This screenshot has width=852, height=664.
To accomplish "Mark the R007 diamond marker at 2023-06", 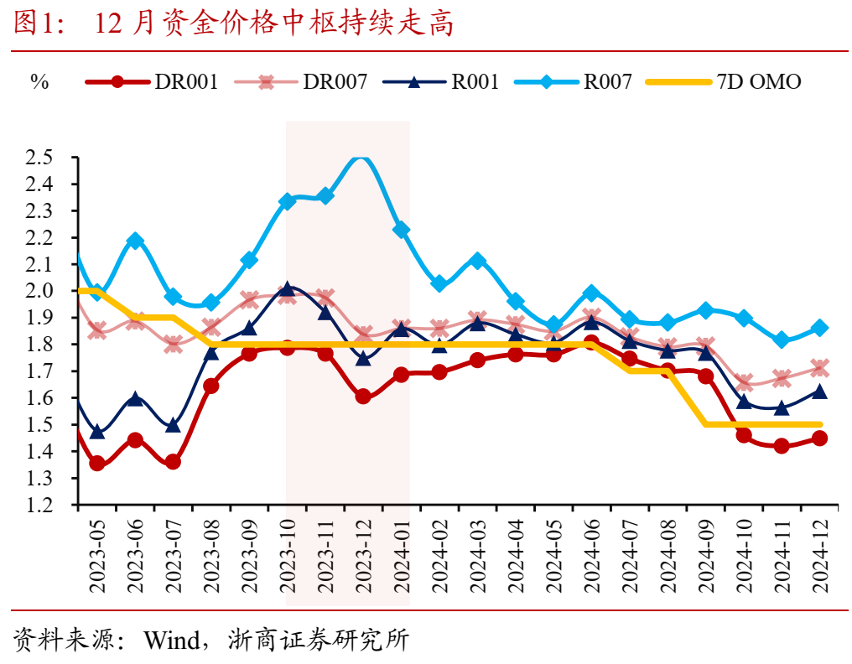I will coord(135,241).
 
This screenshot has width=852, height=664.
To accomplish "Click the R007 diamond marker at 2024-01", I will coord(402,230).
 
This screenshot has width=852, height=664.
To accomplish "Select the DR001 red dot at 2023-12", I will coord(363,397).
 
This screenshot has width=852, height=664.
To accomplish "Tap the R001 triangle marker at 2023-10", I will coord(288,289).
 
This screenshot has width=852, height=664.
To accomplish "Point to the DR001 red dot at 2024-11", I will coord(782,446).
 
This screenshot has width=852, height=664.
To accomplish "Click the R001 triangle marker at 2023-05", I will coord(97,432).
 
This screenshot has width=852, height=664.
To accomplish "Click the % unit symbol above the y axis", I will coord(39,82).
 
